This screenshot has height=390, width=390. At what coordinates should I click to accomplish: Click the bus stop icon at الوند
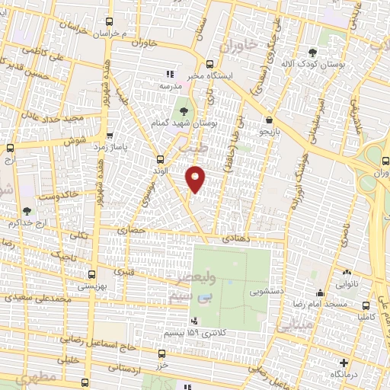160,159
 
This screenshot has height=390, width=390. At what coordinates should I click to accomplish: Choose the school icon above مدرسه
171,75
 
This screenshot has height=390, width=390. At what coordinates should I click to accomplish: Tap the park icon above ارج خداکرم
27,211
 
